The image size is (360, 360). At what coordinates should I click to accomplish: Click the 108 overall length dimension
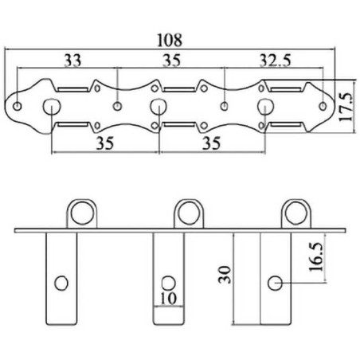point(170,40)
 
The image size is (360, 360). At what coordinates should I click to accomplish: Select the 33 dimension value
point(72,61)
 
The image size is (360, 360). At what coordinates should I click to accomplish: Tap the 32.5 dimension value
point(275,61)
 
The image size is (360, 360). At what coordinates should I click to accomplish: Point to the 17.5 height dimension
point(346,107)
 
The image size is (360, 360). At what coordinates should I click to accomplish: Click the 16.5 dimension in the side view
point(317,256)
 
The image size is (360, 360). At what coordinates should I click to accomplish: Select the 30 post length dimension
point(225,275)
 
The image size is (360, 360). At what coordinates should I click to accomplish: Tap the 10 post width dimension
point(169,298)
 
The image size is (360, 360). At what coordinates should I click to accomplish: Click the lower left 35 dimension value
point(105,143)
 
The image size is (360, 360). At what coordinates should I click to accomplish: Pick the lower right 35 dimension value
point(212,143)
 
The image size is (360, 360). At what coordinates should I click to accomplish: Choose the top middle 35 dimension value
point(171,61)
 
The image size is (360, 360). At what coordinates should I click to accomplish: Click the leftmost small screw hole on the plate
point(18,107)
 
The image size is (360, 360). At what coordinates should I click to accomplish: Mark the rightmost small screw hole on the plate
point(323,106)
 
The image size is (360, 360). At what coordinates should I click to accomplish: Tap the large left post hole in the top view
point(52,107)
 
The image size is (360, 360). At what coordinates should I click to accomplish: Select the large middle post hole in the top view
point(158,106)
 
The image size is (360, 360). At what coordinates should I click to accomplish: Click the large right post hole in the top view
point(265,106)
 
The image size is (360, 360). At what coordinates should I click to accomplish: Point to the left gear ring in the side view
point(83,202)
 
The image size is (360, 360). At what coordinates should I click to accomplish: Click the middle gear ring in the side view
point(190,202)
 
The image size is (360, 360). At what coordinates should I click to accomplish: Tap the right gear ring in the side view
point(296,202)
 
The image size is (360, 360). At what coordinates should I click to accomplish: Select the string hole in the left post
point(61,284)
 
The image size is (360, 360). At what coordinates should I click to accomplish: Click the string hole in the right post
point(275,284)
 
